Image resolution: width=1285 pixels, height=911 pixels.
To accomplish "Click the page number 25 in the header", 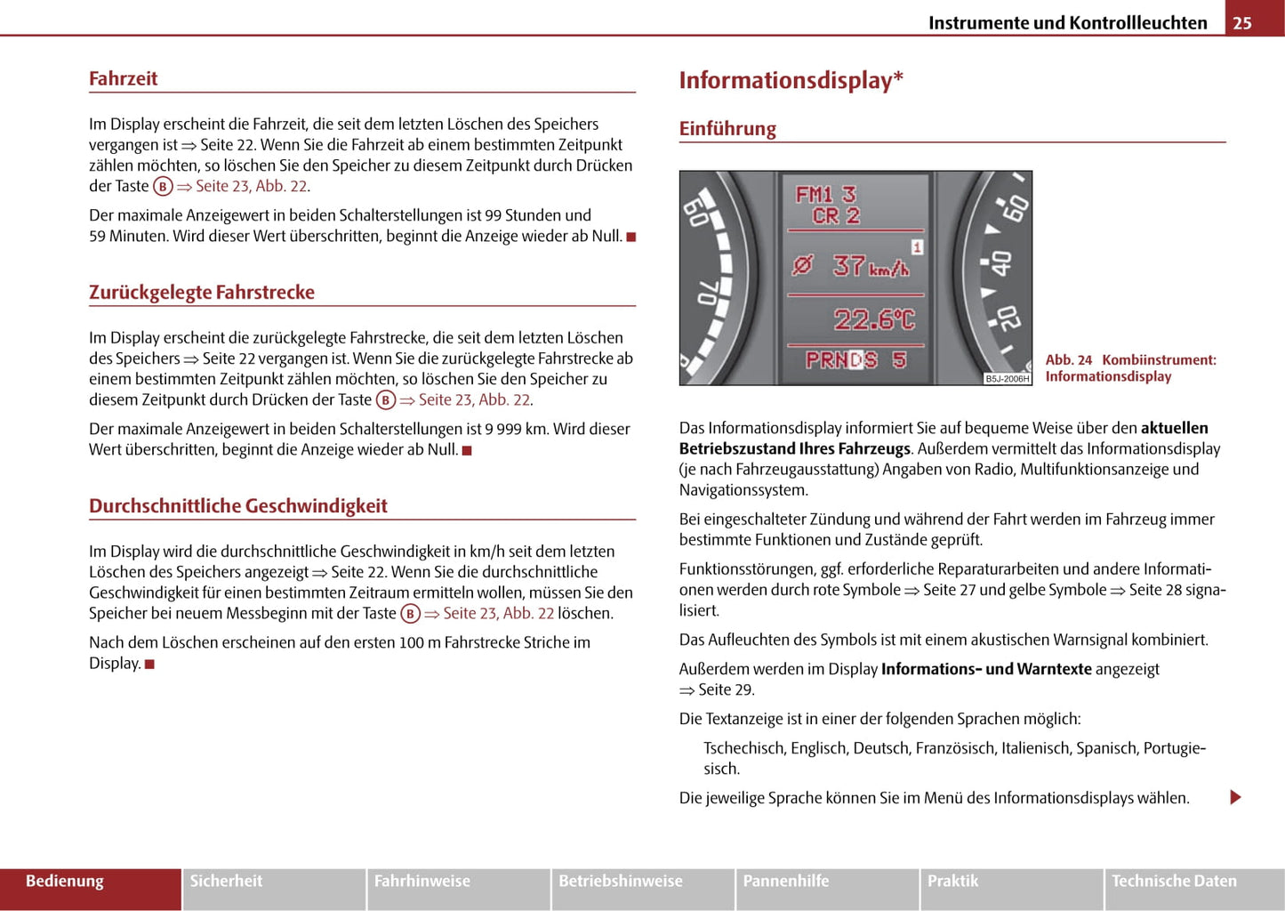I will click(x=1242, y=22).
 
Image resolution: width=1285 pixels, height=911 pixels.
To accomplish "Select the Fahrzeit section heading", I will click(x=123, y=78).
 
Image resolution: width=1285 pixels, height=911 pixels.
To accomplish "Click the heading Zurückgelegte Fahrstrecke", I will click(x=202, y=292).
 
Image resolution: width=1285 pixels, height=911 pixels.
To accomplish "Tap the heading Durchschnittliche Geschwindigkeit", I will click(x=238, y=505).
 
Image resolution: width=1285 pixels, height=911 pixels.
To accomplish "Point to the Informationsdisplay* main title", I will click(x=791, y=80).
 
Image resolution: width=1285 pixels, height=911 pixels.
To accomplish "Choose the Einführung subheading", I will click(x=727, y=128).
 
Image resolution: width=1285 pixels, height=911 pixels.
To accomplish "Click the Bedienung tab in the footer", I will click(x=65, y=881).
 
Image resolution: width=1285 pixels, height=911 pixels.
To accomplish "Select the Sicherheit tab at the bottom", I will click(x=226, y=881).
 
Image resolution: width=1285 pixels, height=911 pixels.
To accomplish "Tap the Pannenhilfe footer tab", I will click(x=786, y=881).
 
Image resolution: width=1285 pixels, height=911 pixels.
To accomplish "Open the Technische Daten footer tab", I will click(x=1174, y=881).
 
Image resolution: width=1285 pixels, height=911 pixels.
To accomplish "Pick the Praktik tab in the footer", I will click(x=952, y=881).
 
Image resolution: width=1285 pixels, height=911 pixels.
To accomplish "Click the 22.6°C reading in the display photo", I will click(x=874, y=319).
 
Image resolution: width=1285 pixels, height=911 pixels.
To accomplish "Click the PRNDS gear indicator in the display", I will click(x=841, y=359).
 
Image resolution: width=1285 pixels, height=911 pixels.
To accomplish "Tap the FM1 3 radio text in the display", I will click(x=825, y=194).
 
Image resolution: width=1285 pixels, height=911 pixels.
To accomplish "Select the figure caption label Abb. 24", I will click(x=1068, y=359).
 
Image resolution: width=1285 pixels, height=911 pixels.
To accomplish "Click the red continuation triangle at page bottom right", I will click(x=1235, y=797).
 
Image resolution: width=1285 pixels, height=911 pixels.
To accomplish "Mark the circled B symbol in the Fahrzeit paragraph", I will click(x=163, y=186).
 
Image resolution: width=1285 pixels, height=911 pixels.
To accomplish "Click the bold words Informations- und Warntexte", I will click(x=986, y=669).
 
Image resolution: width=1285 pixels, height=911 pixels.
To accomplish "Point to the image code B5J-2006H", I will click(x=1007, y=379).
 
